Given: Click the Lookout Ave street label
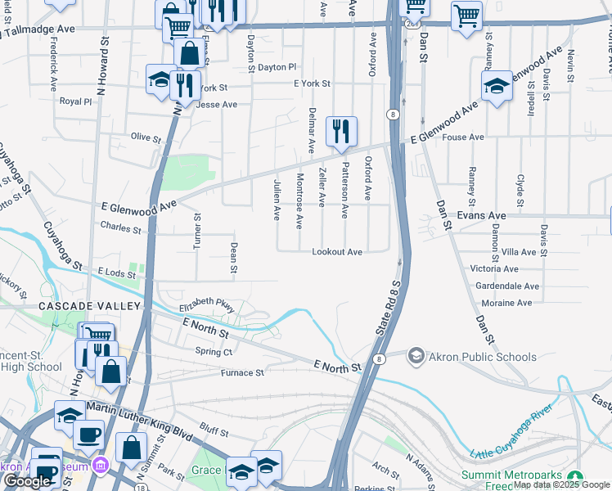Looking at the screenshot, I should [x=336, y=252].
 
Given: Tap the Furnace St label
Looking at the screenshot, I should [x=242, y=372].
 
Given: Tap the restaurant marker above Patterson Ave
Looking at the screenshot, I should [x=340, y=131].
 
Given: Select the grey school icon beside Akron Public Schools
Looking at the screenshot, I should [x=416, y=356].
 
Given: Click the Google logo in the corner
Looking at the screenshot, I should [x=27, y=481].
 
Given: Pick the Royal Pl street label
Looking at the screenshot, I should [x=76, y=101].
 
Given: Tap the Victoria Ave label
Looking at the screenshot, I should [x=494, y=268].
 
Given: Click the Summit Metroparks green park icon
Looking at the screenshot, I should [x=575, y=475].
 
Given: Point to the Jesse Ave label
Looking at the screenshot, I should [x=217, y=105].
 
